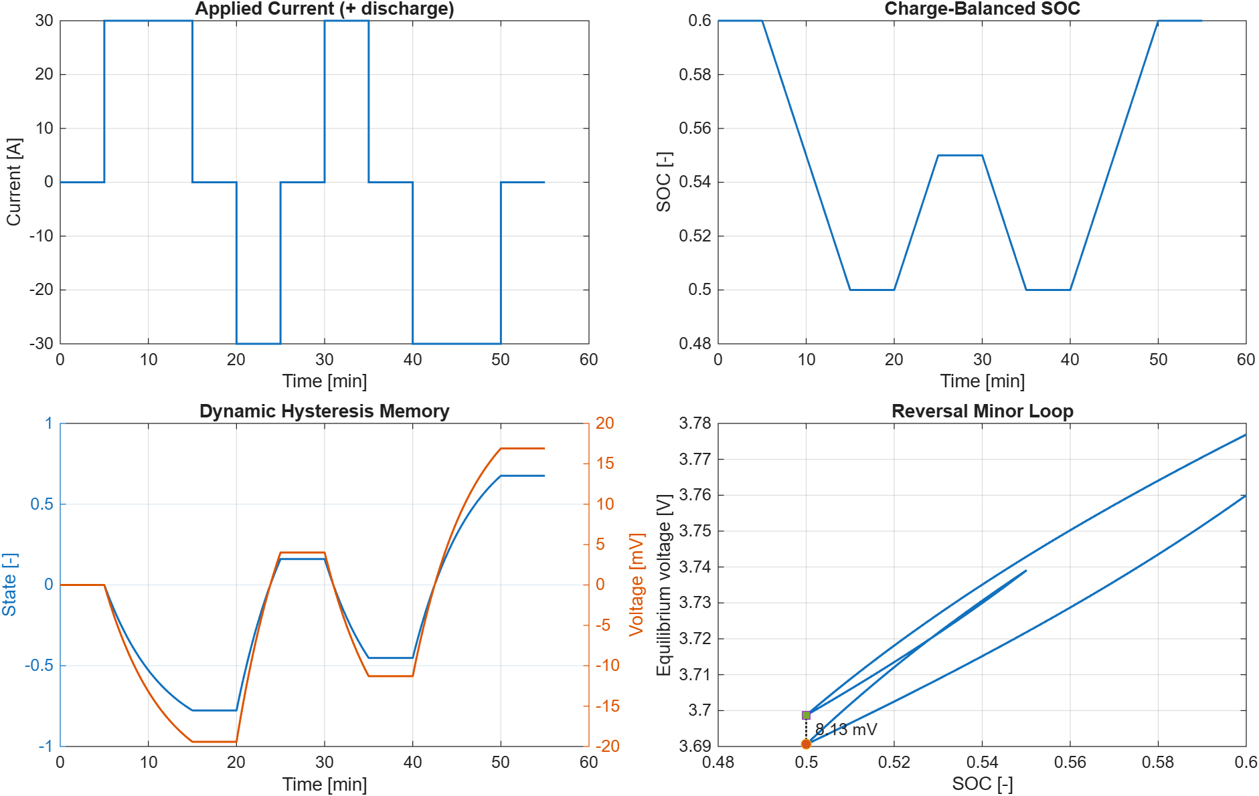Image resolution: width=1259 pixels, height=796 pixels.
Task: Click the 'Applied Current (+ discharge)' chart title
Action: [325, 9]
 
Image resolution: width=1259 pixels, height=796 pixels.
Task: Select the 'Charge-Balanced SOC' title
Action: [982, 9]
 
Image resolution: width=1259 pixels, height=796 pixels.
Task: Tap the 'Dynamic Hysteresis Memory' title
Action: [325, 411]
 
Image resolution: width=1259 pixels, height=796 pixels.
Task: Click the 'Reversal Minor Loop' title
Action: [982, 411]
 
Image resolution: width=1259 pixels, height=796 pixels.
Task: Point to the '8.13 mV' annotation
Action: [846, 729]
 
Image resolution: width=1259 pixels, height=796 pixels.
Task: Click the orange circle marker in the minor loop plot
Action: [806, 744]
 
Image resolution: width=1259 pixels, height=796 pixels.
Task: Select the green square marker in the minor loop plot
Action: [806, 715]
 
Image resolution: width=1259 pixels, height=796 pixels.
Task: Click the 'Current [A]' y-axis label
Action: [14, 182]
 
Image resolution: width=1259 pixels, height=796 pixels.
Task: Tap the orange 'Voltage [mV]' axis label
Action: [636, 584]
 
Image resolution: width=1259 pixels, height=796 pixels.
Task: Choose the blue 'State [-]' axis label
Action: [9, 584]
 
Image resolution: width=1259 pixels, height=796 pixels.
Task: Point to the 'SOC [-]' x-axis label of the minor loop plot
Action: [982, 783]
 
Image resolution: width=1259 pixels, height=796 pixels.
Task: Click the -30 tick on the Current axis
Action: [41, 343]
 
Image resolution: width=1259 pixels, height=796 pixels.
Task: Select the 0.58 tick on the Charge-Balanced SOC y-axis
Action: [695, 74]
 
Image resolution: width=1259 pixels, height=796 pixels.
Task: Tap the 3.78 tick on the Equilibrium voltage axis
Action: [695, 423]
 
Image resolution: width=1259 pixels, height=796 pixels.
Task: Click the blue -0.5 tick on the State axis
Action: [39, 666]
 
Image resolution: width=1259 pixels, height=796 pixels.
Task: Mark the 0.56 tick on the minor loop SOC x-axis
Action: [1070, 762]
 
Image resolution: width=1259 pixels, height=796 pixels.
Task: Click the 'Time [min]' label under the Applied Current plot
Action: [325, 381]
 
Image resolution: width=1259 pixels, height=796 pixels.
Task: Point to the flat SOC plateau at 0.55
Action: [960, 155]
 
